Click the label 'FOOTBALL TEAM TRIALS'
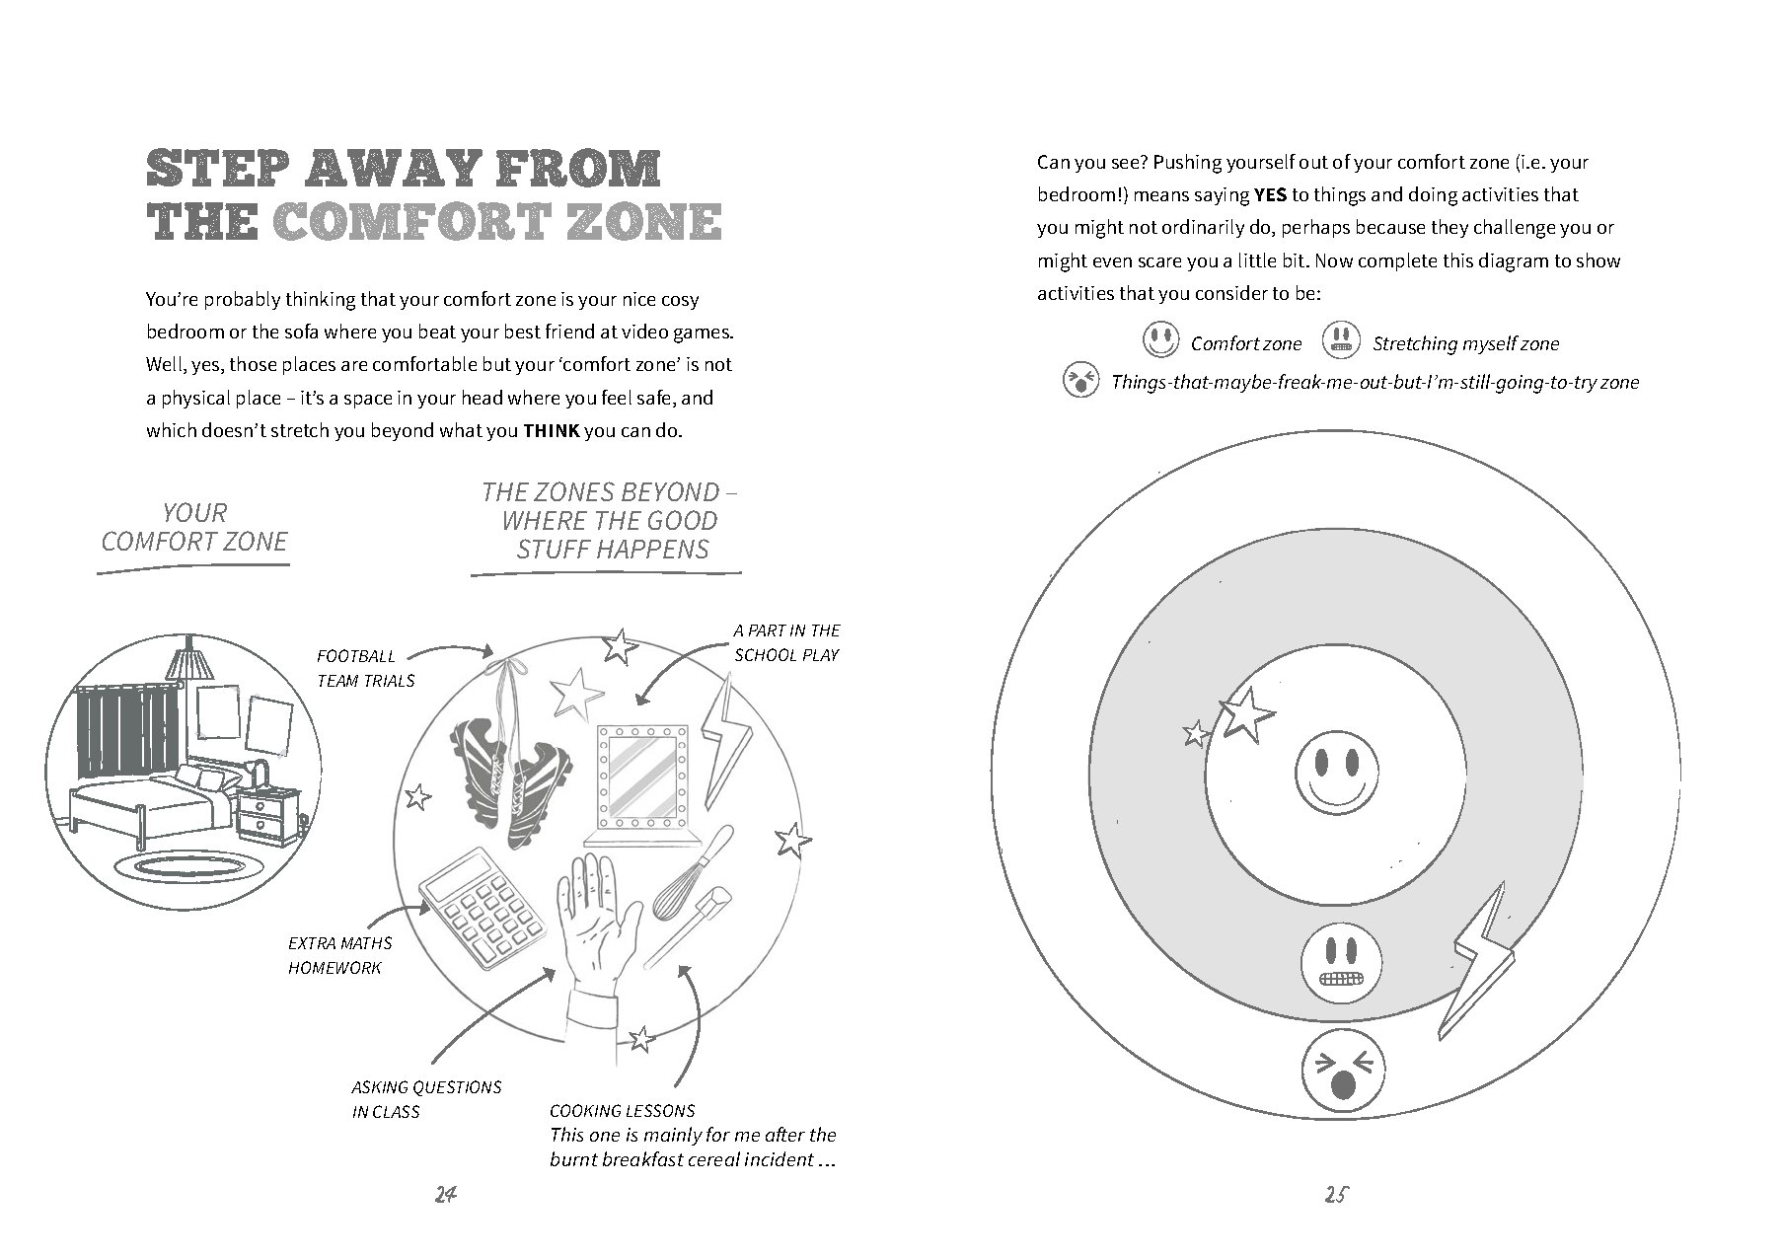tap(365, 668)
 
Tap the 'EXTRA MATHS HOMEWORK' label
tap(339, 955)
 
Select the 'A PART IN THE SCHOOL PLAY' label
tap(786, 642)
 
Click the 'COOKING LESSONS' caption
tap(622, 1111)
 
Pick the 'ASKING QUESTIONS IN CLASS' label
tap(426, 1099)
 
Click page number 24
tap(445, 1194)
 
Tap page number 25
tap(1335, 1194)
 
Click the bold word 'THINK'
tap(551, 431)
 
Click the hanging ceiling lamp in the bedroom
tap(188, 658)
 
